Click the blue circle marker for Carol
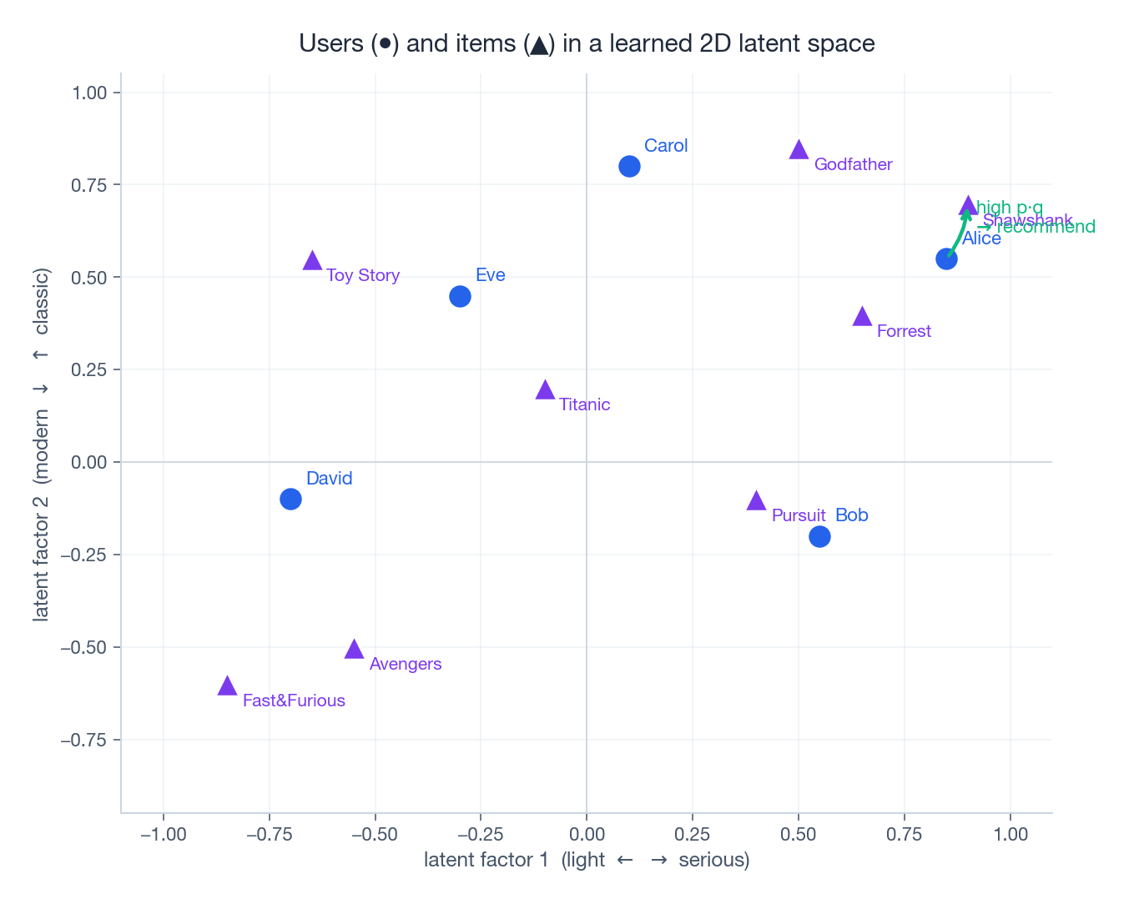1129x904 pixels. [x=629, y=166]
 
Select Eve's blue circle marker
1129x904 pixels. [x=460, y=296]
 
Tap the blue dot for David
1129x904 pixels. [x=290, y=499]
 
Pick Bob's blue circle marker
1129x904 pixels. [x=819, y=536]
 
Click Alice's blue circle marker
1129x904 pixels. [x=946, y=259]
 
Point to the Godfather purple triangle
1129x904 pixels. [x=799, y=150]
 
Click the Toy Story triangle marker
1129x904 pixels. [x=312, y=261]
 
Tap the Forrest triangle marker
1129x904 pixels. [x=862, y=317]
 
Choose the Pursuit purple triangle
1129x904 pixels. [x=756, y=501]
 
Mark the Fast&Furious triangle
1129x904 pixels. [x=227, y=686]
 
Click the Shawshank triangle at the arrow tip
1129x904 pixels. [x=968, y=205]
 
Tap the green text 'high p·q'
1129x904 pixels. [x=1010, y=208]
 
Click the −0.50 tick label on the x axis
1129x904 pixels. [x=375, y=835]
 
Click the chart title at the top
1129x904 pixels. [x=587, y=43]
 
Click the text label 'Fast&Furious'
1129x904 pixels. [x=294, y=701]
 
